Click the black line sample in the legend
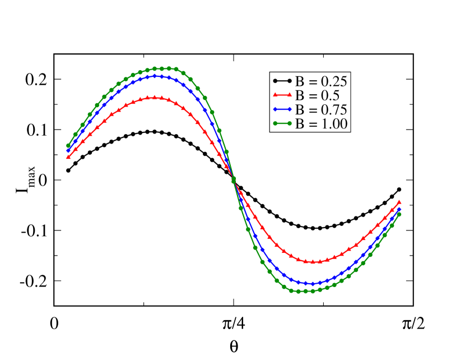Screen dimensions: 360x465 point(282,81)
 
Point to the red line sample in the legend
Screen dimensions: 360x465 point(282,95)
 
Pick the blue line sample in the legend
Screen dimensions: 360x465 point(282,109)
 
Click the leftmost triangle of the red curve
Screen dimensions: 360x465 point(68,157)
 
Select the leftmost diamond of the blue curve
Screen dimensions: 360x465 point(68,150)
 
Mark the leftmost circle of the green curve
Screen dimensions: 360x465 point(68,146)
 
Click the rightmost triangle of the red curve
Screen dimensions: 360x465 point(399,202)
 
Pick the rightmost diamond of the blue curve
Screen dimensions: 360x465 point(399,209)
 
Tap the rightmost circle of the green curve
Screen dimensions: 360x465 point(399,214)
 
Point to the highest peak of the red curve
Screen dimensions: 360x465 point(155,97)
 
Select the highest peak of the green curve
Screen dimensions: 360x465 point(162,68)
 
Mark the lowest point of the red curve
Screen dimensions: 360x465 point(313,262)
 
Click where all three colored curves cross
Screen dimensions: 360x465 point(233,179)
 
